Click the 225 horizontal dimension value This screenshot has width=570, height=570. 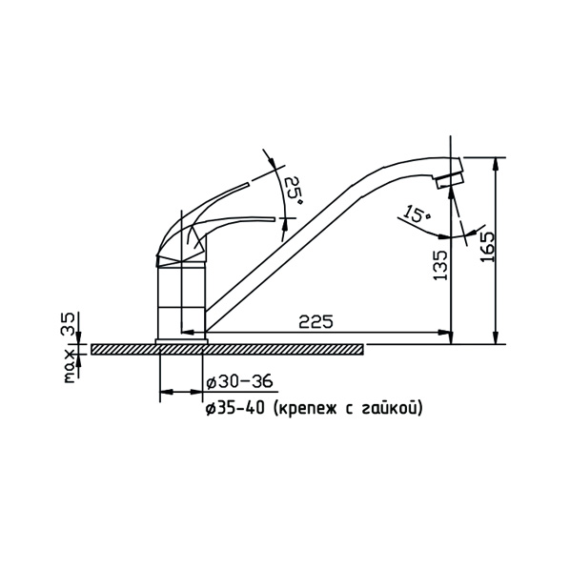(x=316, y=322)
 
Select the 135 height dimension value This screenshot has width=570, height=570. (x=440, y=265)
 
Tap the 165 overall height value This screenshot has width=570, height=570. (x=487, y=247)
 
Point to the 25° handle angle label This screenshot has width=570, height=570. (x=293, y=190)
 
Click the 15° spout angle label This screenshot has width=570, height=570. (x=417, y=214)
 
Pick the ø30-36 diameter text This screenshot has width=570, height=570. (x=239, y=382)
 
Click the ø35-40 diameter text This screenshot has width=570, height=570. (x=234, y=409)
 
